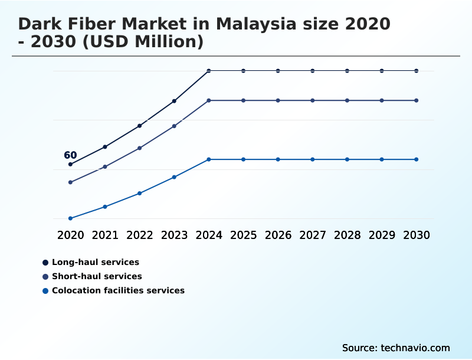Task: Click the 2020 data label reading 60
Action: pos(70,155)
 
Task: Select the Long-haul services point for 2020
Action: pos(70,164)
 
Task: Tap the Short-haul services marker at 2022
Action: pos(140,148)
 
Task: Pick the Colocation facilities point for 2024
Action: pos(209,159)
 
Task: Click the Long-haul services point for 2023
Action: pos(174,101)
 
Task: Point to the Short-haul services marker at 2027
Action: pos(313,100)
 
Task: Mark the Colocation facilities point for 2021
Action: pos(105,207)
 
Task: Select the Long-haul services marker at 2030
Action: pos(417,71)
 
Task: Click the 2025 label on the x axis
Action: pos(243,235)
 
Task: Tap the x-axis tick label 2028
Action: pos(347,235)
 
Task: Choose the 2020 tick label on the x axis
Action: pos(70,235)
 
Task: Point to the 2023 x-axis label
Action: pos(174,235)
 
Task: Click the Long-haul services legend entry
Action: pos(95,262)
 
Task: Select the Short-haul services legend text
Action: pos(97,276)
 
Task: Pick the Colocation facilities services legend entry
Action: pos(118,290)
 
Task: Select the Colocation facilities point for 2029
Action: pos(382,159)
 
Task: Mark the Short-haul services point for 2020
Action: pos(70,182)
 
